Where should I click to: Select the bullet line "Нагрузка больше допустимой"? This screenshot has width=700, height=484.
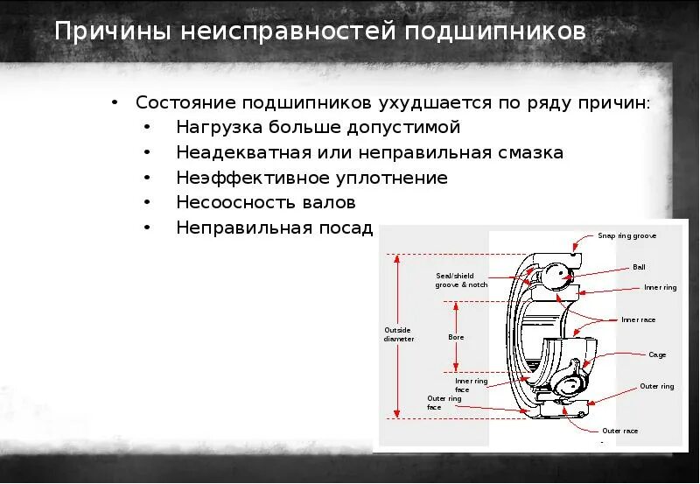click(x=318, y=128)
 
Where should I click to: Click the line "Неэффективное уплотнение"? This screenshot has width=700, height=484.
click(x=311, y=179)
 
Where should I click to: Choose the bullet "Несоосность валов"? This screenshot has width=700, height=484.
click(x=266, y=203)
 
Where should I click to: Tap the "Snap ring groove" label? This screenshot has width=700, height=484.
click(x=626, y=235)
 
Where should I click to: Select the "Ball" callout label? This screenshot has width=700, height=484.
click(x=638, y=267)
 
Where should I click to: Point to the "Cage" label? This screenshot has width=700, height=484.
click(x=657, y=354)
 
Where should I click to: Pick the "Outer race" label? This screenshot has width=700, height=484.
click(x=619, y=431)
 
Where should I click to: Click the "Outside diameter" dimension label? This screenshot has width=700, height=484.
click(x=399, y=334)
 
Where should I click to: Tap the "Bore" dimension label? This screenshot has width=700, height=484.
click(x=456, y=337)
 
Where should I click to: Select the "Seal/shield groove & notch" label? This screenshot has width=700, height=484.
click(x=461, y=280)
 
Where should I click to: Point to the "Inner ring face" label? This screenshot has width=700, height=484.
click(x=471, y=385)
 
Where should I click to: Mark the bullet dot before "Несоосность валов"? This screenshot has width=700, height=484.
click(x=150, y=203)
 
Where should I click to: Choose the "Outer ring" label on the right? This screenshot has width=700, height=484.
click(x=656, y=386)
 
